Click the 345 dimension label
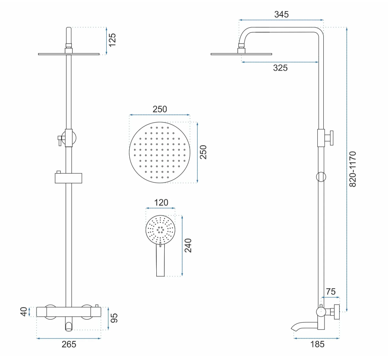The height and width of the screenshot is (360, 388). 281,14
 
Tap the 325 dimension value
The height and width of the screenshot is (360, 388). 280,68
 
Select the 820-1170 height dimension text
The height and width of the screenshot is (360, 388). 352,169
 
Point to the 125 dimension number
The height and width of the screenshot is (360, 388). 112,40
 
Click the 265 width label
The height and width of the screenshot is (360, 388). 69,344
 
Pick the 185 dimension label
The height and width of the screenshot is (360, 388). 317,344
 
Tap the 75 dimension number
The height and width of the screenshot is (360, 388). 330,292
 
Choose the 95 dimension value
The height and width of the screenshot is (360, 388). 114,318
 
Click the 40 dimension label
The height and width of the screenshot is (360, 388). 24,312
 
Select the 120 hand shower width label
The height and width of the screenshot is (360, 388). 161,202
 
